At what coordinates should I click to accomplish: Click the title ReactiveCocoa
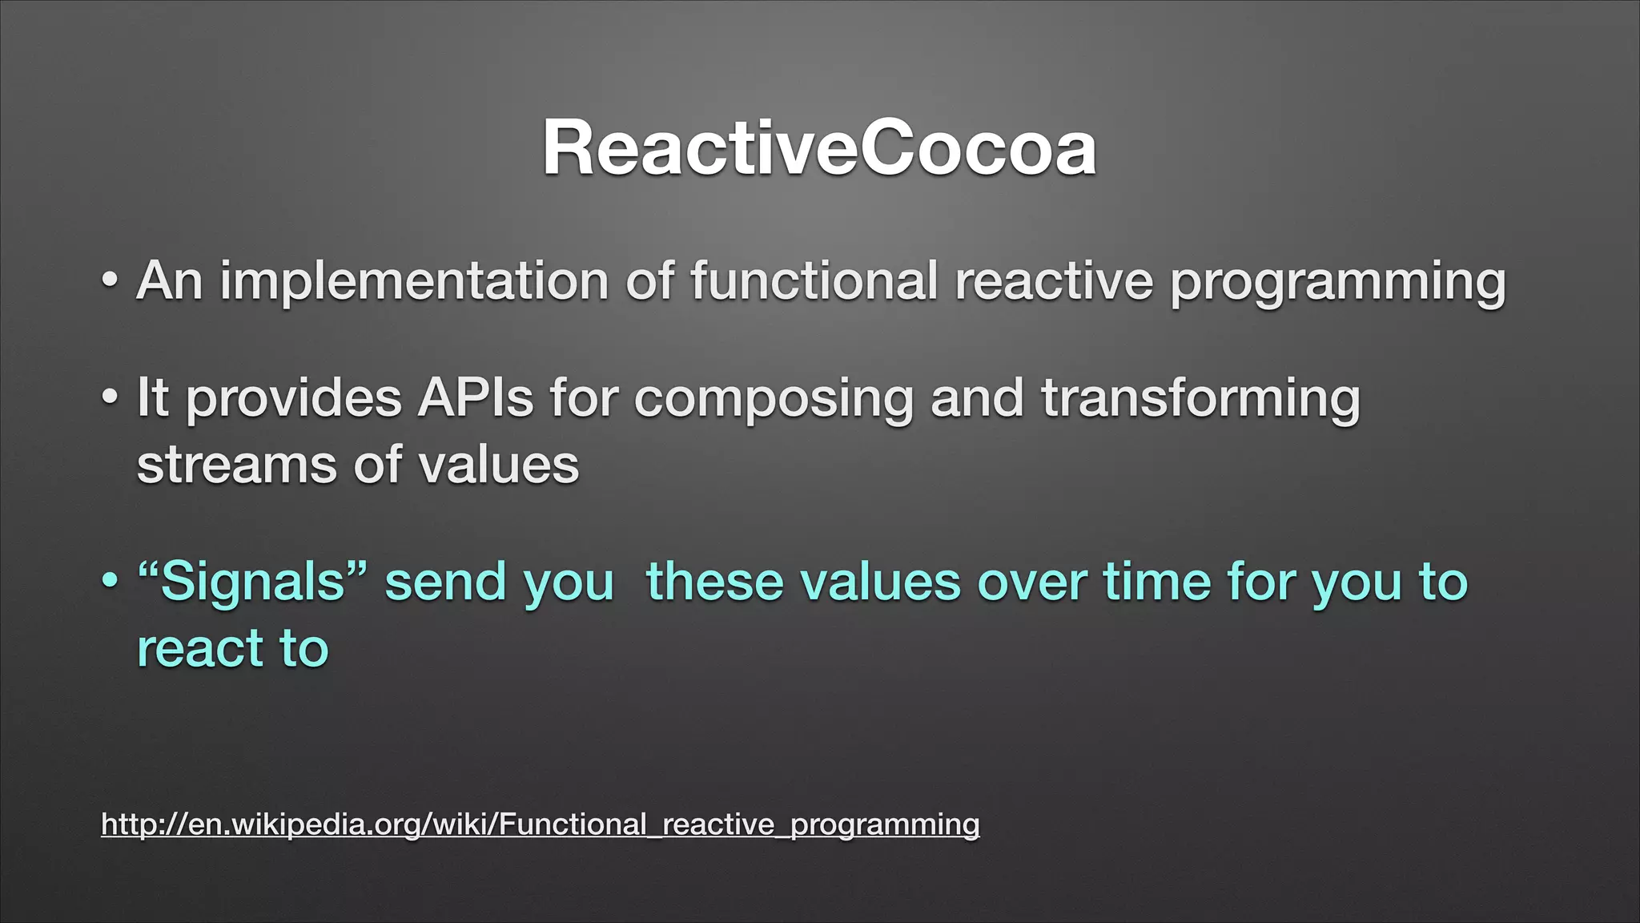point(819,148)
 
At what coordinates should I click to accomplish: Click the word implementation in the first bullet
point(414,282)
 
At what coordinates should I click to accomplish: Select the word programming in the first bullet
point(1337,282)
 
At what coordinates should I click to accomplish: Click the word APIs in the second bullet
point(475,397)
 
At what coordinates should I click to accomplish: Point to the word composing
point(773,399)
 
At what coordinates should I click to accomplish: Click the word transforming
point(1200,399)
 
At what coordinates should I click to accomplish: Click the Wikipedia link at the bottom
point(541,824)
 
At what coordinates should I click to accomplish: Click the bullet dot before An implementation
point(110,282)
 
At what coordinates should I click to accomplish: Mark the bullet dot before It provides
point(110,398)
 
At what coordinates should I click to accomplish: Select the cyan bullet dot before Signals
point(110,581)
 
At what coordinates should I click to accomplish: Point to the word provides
point(292,399)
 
